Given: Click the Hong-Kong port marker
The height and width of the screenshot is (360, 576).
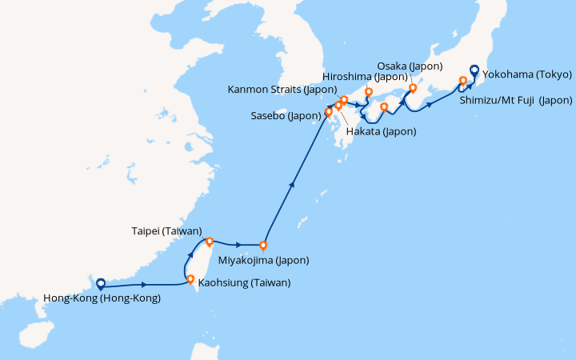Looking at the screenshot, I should pos(101,282).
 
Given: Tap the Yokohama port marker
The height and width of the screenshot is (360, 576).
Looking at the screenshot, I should pos(474,70).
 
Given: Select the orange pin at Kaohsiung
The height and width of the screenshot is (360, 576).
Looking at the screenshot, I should pos(190,279).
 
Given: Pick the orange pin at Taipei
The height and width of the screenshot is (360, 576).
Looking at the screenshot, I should pos(209,241).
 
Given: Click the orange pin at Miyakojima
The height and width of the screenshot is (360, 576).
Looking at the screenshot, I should pos(263,246).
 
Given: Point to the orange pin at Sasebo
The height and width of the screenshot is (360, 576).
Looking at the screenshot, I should pos(328,112).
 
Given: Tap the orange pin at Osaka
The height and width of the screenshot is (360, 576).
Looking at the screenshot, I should pos(413,88).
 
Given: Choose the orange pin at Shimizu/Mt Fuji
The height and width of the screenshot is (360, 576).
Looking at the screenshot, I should pos(462,80).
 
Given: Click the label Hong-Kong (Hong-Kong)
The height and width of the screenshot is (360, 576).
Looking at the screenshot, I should pos(99,298).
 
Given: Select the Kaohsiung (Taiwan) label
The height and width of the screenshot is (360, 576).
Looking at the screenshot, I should pos(244,282).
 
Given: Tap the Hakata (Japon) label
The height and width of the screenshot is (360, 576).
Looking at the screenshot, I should pos(379,130).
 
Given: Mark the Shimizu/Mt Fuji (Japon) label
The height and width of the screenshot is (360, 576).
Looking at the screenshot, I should pos(516,100).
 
